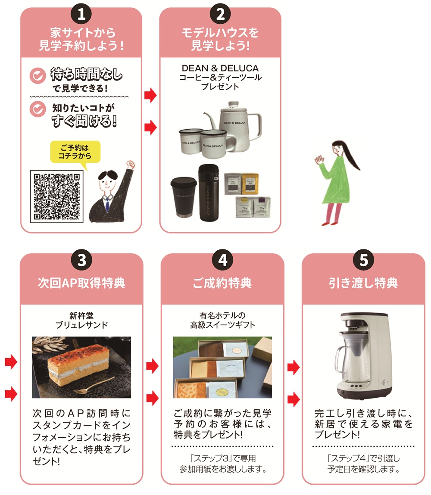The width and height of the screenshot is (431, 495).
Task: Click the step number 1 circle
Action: point(81,14)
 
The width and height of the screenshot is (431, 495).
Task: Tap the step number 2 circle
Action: point(220,14)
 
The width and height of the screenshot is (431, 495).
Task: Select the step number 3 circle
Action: point(82,260)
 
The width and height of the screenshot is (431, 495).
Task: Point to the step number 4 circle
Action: point(222,260)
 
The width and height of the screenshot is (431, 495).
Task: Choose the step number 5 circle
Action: point(364,260)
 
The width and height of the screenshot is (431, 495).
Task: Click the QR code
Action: point(57,196)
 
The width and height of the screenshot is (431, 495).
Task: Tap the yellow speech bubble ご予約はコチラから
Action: point(75,152)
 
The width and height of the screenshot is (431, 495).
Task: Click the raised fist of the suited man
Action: point(130,165)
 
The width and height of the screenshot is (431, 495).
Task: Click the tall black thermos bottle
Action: point(209,193)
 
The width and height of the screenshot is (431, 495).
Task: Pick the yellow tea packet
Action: point(250,184)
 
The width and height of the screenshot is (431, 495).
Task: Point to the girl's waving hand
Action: point(319,160)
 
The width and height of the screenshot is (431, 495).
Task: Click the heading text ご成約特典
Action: point(222,283)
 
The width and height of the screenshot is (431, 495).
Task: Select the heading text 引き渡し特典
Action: point(363,283)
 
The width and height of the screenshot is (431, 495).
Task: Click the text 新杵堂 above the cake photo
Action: point(81,315)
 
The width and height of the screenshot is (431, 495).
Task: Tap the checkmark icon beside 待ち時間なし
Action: point(38,76)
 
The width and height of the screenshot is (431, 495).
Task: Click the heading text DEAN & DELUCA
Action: point(220,68)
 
